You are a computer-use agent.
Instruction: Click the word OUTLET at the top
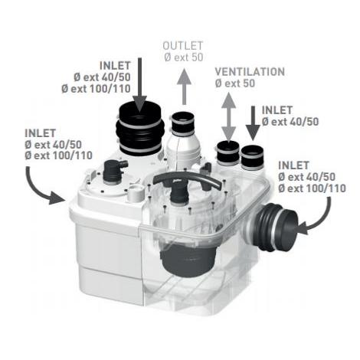click(183, 46)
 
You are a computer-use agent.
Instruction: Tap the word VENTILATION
click(250, 72)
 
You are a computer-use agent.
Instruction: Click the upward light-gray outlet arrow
click(184, 87)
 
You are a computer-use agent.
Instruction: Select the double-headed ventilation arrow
click(229, 116)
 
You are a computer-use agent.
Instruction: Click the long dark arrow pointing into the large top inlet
click(140, 84)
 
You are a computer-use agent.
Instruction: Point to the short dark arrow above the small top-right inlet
click(253, 123)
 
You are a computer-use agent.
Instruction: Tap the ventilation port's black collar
click(228, 152)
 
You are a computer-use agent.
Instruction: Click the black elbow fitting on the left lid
click(114, 169)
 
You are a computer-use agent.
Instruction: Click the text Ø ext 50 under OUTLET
click(184, 57)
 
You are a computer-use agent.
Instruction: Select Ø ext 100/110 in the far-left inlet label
click(59, 155)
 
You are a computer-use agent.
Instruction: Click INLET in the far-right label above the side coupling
click(293, 165)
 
